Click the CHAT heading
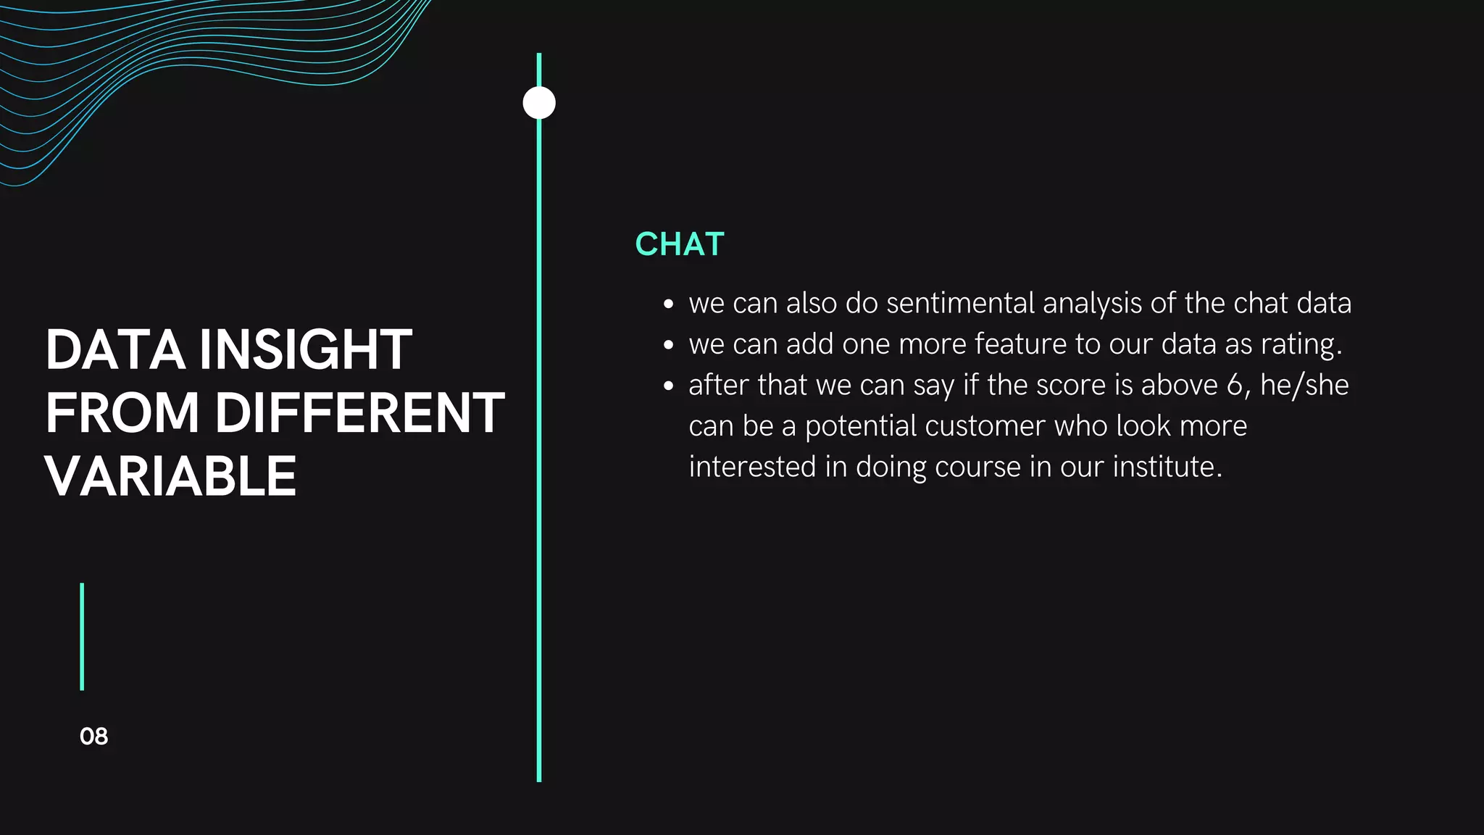point(679,244)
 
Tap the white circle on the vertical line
point(539,103)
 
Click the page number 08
point(93,736)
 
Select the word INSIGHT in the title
point(305,350)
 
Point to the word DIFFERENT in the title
point(359,413)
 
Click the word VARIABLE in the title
point(171,477)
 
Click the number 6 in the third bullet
point(1235,385)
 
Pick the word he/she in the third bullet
point(1304,385)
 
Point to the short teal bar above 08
point(82,636)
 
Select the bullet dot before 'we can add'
point(668,345)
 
